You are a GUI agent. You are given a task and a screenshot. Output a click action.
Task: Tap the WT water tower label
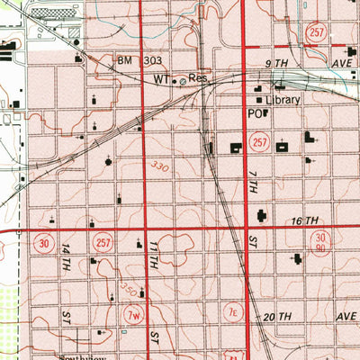tap(160, 79)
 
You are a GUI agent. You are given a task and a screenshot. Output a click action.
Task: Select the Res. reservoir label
tap(199, 79)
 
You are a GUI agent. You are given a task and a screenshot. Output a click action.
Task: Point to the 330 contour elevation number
tap(160, 168)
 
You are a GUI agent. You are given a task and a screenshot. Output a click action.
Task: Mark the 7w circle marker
tap(134, 314)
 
